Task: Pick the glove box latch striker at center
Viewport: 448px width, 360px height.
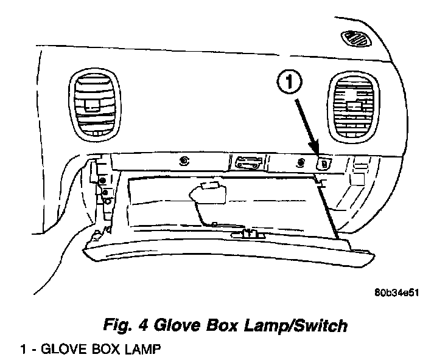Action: (248, 161)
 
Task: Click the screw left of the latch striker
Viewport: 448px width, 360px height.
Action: (183, 161)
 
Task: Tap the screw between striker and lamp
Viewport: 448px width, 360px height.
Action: (300, 162)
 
